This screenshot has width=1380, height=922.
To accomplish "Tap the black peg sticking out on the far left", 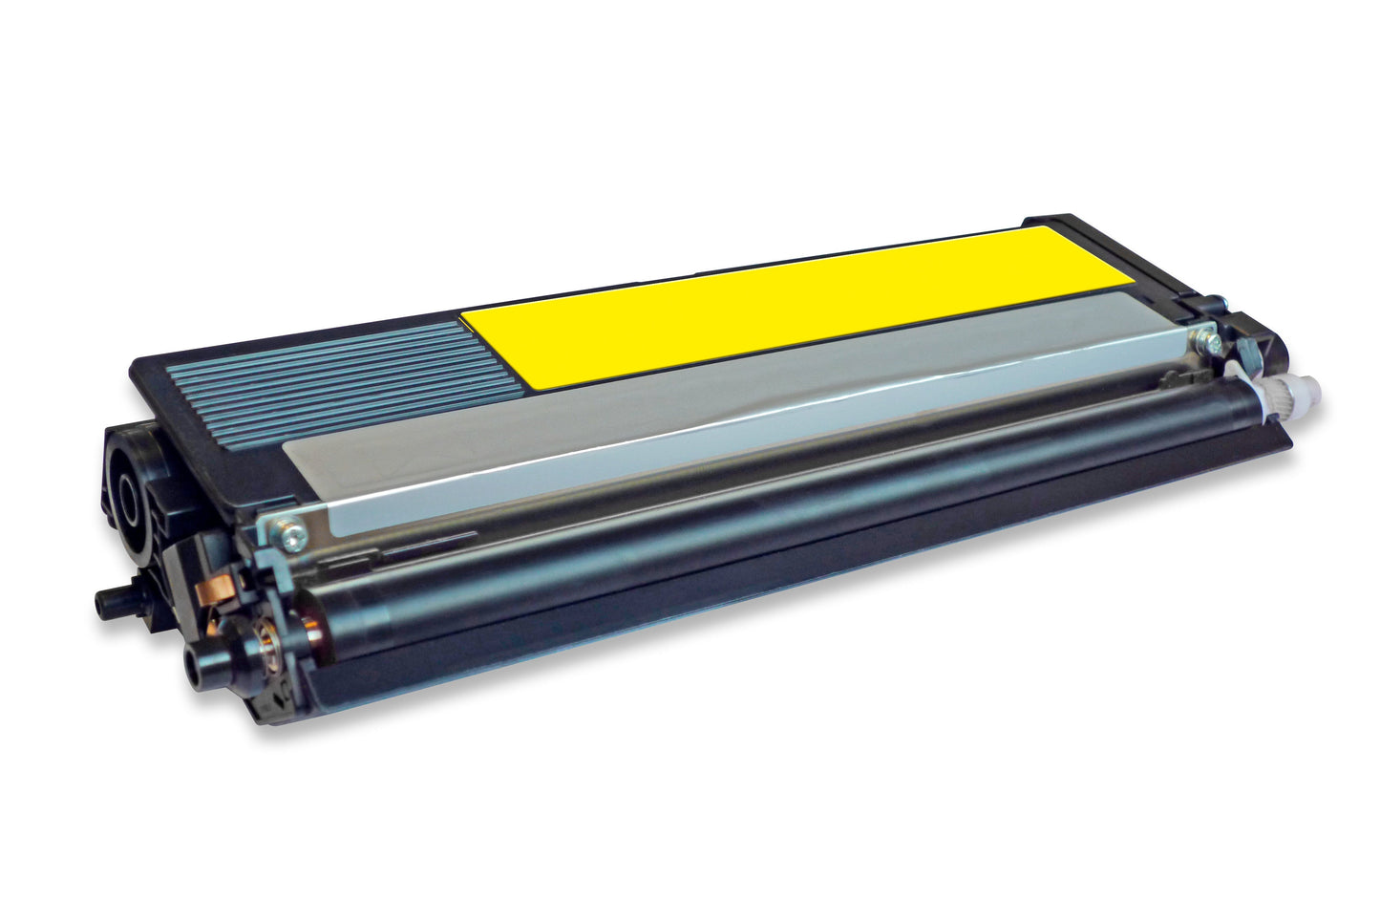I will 113,601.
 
